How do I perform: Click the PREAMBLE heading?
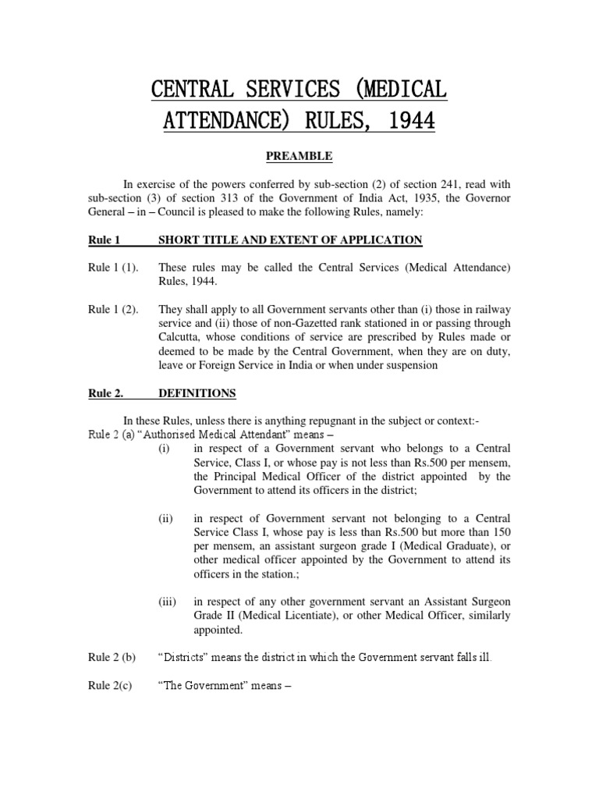(x=299, y=157)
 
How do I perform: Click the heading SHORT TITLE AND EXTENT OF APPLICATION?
(x=289, y=240)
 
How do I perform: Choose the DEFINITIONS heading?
(x=197, y=394)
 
